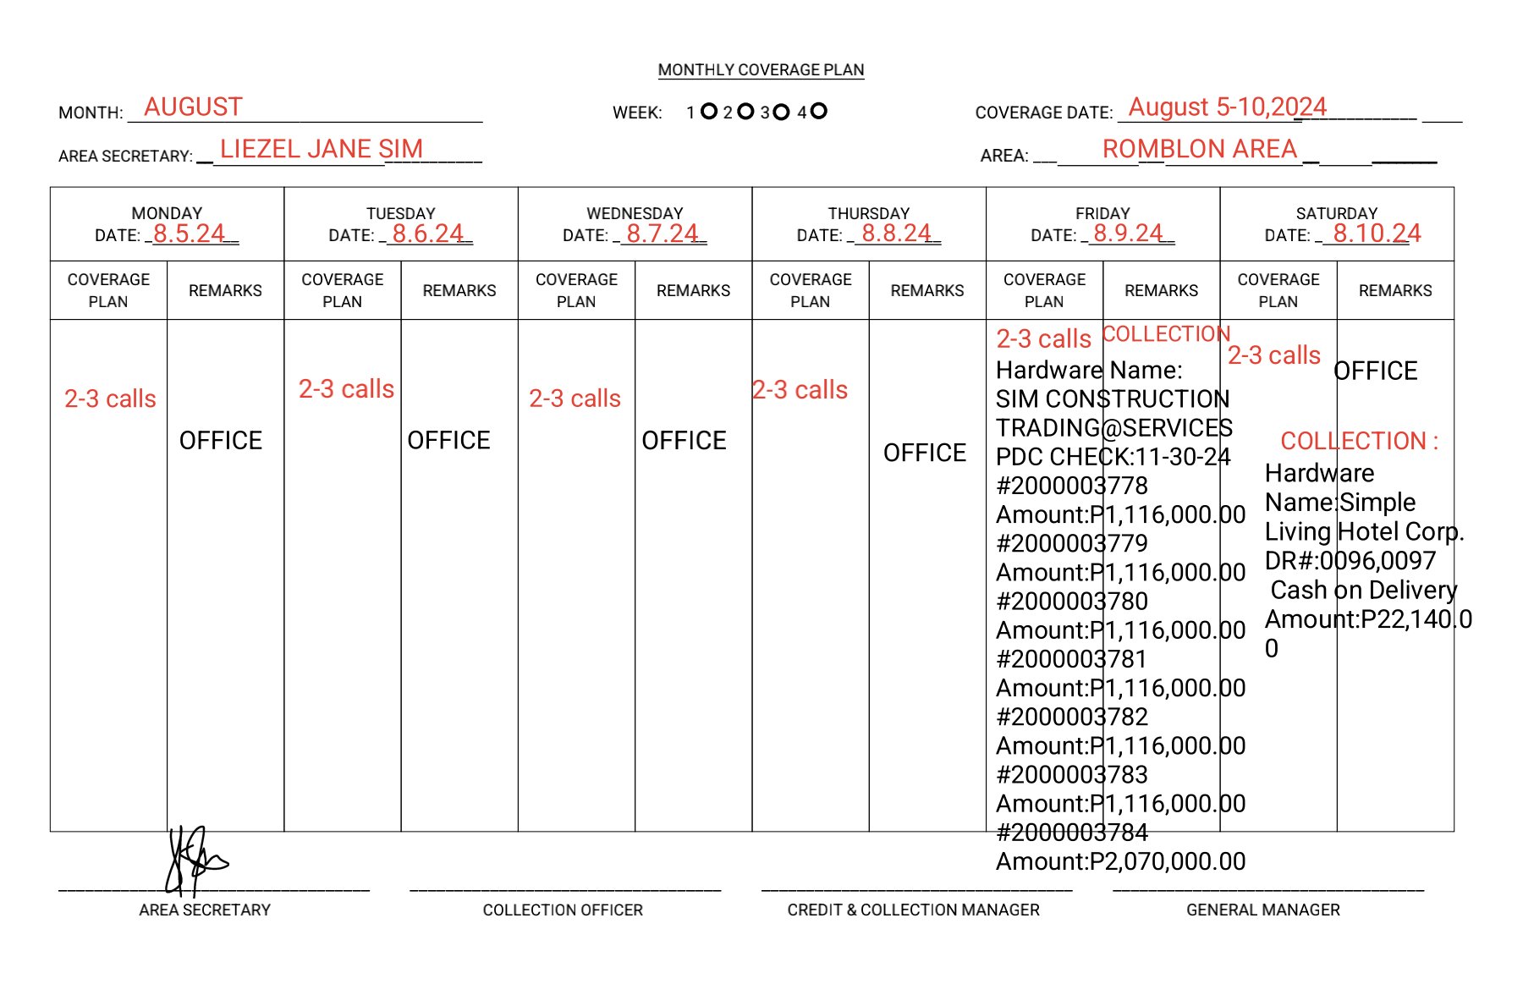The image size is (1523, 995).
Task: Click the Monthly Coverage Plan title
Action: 761,70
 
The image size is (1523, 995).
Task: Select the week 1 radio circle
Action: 709,112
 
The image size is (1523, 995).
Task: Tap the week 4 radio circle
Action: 818,111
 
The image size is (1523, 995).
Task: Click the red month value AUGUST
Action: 193,107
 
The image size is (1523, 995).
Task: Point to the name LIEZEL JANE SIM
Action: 321,150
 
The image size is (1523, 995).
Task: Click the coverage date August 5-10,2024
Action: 1227,107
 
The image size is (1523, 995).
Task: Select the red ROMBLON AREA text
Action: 1199,150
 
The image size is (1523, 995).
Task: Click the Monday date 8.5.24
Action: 189,234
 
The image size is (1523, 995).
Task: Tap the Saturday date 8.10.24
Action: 1377,234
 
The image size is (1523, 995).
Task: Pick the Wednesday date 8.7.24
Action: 663,234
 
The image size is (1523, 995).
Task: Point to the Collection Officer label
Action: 563,910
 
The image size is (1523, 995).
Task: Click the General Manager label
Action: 1262,910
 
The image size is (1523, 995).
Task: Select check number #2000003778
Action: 1071,487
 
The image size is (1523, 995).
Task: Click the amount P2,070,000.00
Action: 1120,862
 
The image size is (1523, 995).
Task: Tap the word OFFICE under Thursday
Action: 924,454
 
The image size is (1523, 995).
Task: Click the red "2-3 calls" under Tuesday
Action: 346,389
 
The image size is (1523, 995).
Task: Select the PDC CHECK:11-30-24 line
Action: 1113,458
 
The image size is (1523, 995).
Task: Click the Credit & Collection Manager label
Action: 913,910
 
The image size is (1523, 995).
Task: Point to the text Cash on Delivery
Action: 1364,591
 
